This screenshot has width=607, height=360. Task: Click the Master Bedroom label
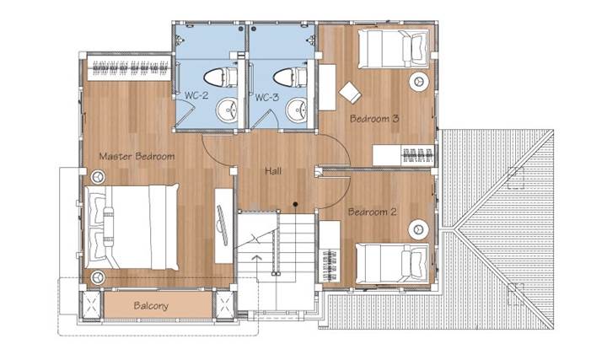[137, 156]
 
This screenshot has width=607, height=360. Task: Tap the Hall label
[273, 170]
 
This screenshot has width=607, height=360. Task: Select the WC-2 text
[196, 95]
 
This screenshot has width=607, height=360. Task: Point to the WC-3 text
[266, 97]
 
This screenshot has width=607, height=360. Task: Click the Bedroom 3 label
[374, 118]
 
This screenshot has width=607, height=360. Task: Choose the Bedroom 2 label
[373, 212]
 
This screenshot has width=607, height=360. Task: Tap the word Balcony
[151, 306]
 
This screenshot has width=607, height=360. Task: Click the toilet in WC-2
[220, 77]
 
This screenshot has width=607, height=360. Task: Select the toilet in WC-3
[290, 77]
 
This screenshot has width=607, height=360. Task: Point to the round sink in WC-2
[227, 110]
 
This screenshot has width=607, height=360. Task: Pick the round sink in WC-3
[297, 110]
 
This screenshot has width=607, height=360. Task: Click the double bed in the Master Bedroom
[132, 227]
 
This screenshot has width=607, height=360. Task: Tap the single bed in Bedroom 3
[394, 49]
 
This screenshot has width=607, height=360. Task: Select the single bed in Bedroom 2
[392, 263]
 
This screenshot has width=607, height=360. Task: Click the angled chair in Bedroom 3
[351, 93]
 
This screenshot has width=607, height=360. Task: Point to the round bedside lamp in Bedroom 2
[418, 229]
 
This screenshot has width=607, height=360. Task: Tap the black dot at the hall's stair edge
[295, 204]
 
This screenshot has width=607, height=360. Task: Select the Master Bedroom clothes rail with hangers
[130, 67]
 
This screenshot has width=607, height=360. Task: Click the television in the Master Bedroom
[223, 225]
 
